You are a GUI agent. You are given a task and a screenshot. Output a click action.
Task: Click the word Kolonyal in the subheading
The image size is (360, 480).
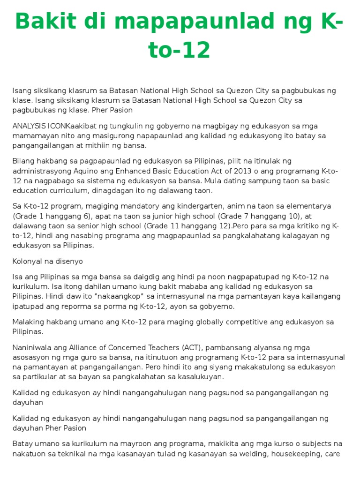27,261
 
